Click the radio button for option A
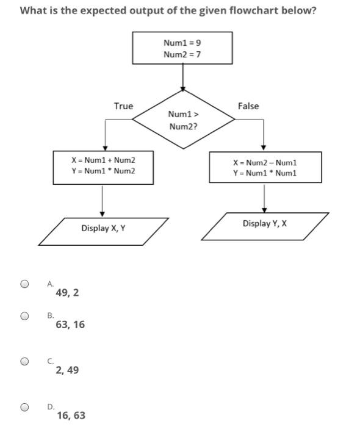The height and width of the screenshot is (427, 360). pos(24,284)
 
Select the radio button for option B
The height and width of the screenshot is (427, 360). pos(24,316)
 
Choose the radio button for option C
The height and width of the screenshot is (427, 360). pos(24,361)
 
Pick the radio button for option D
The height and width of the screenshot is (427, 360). pos(24,407)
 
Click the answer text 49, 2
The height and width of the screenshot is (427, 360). pos(67,293)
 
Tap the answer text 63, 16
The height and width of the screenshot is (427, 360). pos(70,325)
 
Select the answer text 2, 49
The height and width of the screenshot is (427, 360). pos(67,370)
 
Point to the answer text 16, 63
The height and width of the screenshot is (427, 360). pos(71,416)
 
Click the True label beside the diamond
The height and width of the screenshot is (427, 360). pos(123,107)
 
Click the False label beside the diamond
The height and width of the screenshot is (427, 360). pos(248,107)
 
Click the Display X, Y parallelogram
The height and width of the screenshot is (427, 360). pos(103,229)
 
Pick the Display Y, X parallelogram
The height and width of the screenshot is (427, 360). pos(264,224)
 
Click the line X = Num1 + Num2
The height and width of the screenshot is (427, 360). pos(103,160)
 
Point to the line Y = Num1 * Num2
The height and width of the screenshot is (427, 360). pos(103,171)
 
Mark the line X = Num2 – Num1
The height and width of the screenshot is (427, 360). pos(264,163)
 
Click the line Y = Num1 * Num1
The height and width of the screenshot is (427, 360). pos(264,173)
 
